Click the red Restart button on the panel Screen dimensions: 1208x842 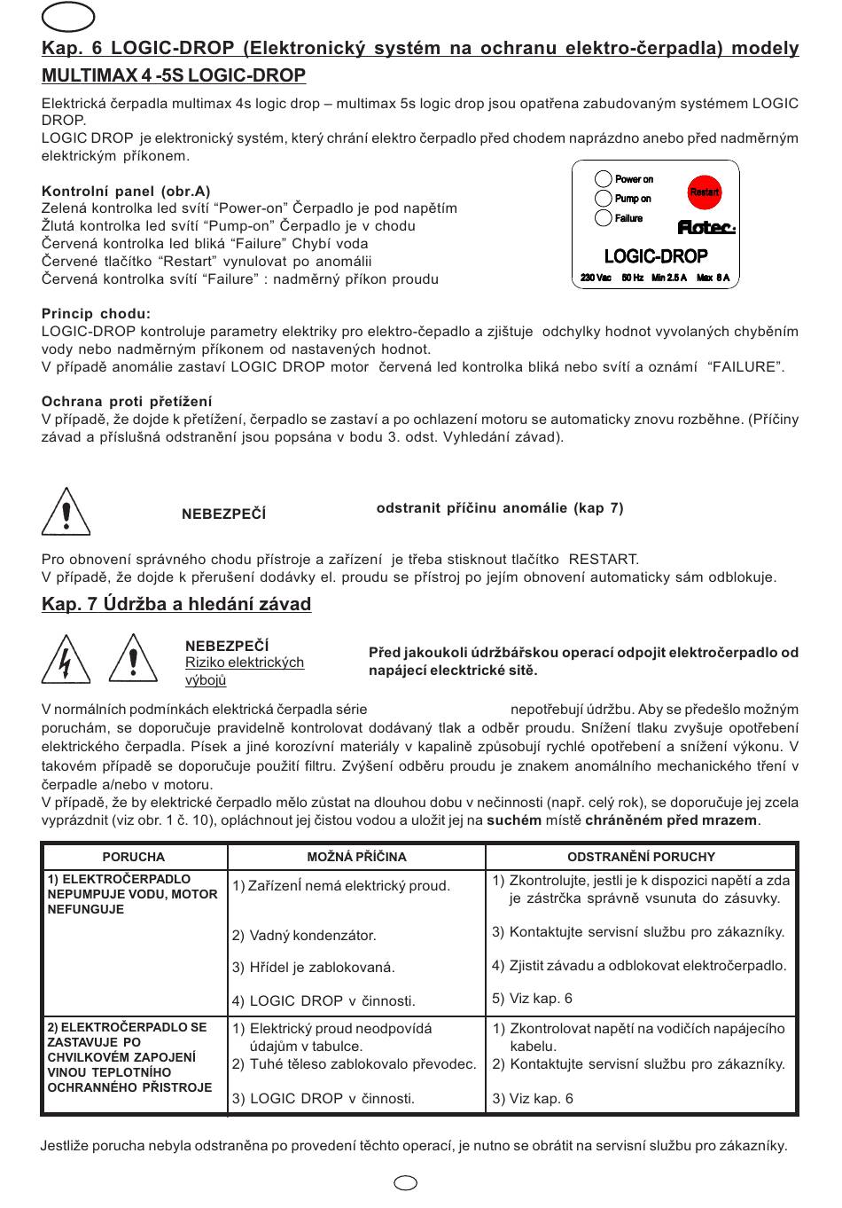click(704, 192)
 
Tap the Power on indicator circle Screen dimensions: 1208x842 click(603, 178)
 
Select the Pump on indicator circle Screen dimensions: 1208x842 click(603, 198)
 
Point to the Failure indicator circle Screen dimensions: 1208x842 click(603, 217)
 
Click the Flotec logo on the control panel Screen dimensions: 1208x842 click(706, 227)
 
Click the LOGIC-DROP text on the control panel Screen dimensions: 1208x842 click(656, 256)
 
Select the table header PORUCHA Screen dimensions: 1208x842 click(134, 857)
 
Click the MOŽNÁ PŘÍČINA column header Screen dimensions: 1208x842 click(356, 857)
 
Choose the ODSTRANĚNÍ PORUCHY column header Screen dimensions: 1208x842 click(641, 857)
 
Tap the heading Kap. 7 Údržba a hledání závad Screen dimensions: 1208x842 click(176, 604)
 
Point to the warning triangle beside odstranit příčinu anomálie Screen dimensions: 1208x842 click(66, 512)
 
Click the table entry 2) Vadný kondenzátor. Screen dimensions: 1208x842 click(304, 936)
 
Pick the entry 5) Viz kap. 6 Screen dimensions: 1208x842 click(532, 999)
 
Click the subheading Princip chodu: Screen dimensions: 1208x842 click(96, 313)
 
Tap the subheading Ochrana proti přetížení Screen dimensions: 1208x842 click(127, 402)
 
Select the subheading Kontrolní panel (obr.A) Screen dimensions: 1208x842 click(126, 191)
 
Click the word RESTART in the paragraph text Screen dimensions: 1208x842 click(603, 560)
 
